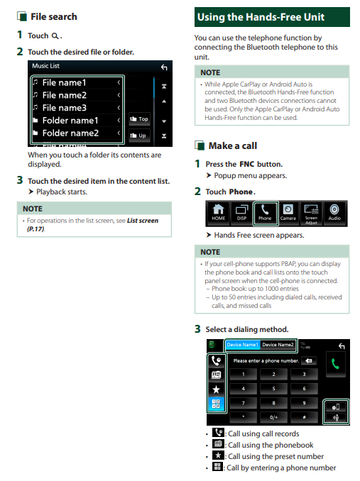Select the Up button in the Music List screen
pos(139,136)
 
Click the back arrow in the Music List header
pos(164,67)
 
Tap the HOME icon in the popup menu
pos(218,212)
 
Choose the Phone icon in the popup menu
pos(265,213)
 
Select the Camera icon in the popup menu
pos(288,213)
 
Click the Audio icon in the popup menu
pos(334,212)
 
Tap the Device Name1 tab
pos(242,345)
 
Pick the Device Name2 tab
pos(278,345)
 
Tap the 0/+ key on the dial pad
pos(273,417)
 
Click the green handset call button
pos(335,364)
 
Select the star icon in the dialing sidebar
pos(217,389)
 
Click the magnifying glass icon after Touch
pos(55,36)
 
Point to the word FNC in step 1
pos(247,164)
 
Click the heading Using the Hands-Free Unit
pos(261,17)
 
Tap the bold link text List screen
pos(143,221)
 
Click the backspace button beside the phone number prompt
pos(309,360)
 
